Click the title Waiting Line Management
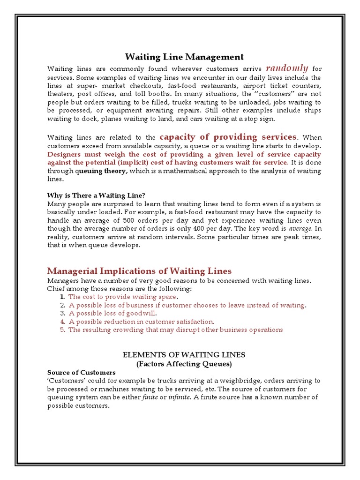184,57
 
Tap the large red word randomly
287,68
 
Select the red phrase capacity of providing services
228,137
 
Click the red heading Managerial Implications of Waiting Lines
139,271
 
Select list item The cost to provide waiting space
122,297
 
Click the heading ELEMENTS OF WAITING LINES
184,354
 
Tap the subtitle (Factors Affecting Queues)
184,363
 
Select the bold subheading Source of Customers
81,372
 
